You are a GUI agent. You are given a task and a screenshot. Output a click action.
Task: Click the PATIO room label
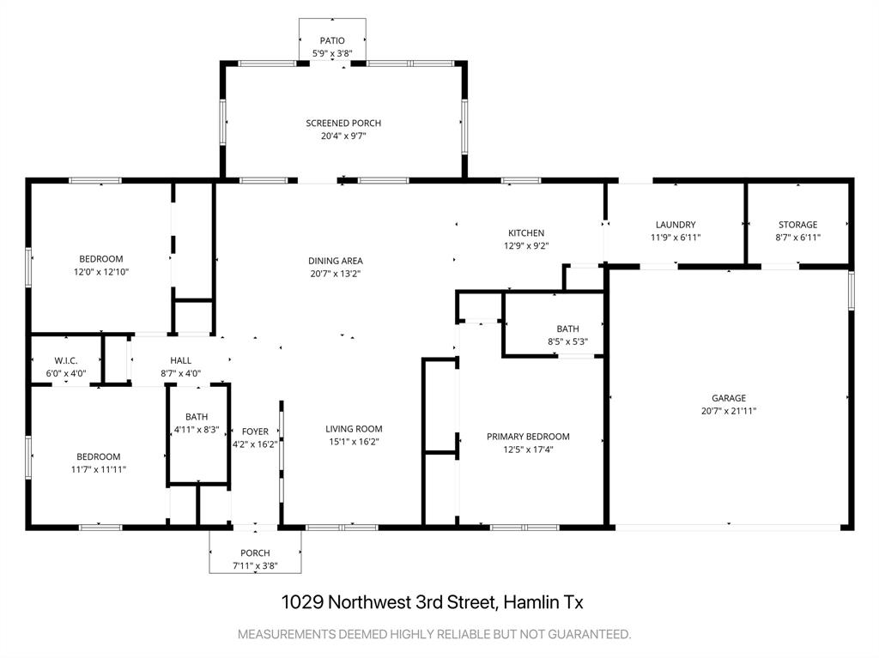(x=332, y=40)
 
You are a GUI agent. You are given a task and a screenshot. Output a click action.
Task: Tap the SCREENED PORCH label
(x=343, y=124)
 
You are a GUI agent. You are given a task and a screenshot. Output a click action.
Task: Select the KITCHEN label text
(x=526, y=233)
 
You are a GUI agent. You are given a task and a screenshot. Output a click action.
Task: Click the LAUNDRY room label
(x=676, y=225)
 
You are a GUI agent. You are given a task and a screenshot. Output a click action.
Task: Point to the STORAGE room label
(x=797, y=225)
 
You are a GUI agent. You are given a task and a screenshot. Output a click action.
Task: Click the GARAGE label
(x=728, y=398)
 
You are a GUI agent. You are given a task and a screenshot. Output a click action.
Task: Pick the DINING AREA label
(x=336, y=261)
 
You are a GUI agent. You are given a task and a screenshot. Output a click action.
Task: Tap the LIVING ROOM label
(x=354, y=429)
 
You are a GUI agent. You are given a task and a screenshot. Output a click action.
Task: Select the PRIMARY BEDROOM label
(x=528, y=437)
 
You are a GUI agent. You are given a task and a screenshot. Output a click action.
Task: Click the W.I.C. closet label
(x=66, y=360)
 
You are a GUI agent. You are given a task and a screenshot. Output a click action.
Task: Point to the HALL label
(x=181, y=360)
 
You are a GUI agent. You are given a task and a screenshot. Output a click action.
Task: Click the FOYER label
(x=255, y=432)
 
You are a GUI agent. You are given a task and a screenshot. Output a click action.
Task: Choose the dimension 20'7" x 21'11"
(x=728, y=411)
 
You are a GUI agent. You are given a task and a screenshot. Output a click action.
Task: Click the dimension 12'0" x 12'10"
(x=101, y=272)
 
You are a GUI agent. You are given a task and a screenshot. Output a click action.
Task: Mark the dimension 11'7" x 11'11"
(x=99, y=469)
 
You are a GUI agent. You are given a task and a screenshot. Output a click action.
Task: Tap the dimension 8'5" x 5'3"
(x=567, y=341)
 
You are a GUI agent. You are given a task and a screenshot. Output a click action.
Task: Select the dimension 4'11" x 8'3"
(x=197, y=429)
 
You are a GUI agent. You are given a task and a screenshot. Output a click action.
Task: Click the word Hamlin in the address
(x=530, y=602)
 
